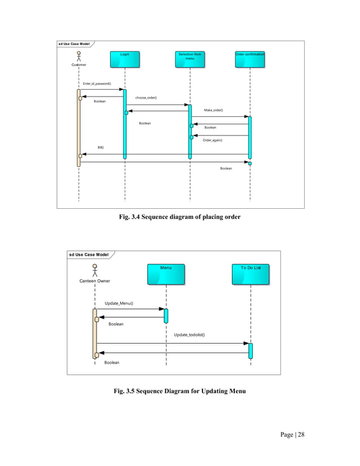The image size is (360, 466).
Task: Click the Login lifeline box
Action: pyautogui.click(x=125, y=59)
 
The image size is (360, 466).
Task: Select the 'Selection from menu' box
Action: pyautogui.click(x=190, y=59)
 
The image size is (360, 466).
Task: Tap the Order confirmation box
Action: pyautogui.click(x=250, y=59)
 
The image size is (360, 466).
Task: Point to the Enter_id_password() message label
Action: pyautogui.click(x=97, y=83)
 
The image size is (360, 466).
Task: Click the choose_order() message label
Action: pyautogui.click(x=146, y=98)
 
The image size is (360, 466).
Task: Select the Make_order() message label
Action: pyautogui.click(x=213, y=110)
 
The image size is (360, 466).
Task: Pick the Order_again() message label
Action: pyautogui.click(x=212, y=140)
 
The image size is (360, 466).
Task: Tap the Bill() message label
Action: pyautogui.click(x=100, y=147)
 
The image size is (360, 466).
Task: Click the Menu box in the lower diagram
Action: pyautogui.click(x=166, y=274)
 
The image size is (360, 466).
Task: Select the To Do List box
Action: pyautogui.click(x=251, y=274)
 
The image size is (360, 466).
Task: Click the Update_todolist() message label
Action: pyautogui.click(x=189, y=335)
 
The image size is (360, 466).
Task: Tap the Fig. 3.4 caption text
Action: pyautogui.click(x=179, y=217)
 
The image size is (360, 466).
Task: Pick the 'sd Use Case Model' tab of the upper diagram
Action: pyautogui.click(x=74, y=44)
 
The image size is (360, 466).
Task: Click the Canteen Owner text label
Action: pyautogui.click(x=95, y=280)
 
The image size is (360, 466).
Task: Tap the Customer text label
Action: pyautogui.click(x=79, y=65)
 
